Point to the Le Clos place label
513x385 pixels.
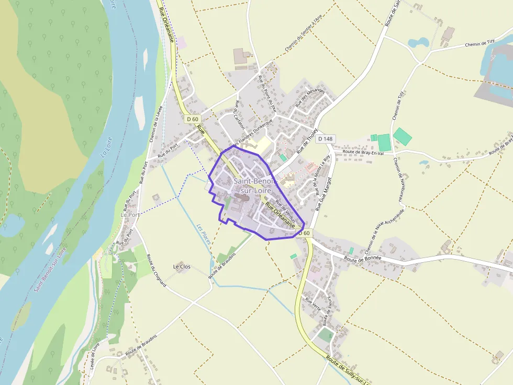(x=182, y=266)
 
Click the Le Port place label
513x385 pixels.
(x=130, y=215)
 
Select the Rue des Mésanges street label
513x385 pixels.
(x=310, y=98)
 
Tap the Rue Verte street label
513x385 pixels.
(x=313, y=304)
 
